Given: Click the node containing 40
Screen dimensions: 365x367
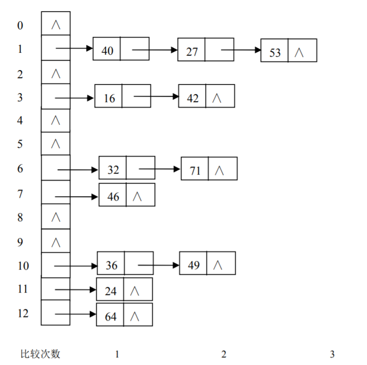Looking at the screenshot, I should (x=108, y=50).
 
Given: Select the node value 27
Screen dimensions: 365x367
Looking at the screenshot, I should (x=192, y=51).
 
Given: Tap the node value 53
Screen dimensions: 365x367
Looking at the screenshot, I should (x=275, y=52).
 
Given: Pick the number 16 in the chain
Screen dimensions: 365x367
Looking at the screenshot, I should (x=109, y=98).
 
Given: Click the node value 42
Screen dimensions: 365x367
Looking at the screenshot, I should (x=193, y=98).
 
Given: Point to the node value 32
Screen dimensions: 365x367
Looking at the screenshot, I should (x=113, y=170).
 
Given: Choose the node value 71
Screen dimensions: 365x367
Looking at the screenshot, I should (x=195, y=170).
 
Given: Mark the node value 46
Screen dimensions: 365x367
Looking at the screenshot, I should (x=113, y=196).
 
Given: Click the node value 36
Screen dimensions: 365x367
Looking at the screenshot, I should (x=111, y=265).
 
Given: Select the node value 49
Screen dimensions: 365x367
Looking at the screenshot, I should (x=194, y=265).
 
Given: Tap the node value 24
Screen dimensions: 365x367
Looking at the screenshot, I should (x=110, y=291).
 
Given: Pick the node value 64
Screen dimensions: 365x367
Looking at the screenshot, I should (x=110, y=316).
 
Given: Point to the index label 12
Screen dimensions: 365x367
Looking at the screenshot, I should (x=23, y=313).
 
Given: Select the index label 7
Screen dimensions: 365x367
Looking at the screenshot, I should (x=20, y=194).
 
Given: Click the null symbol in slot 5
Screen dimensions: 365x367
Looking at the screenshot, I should (x=56, y=143).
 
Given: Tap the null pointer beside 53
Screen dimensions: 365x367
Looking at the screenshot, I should (x=299, y=52).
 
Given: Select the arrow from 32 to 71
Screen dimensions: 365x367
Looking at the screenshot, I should (x=160, y=169).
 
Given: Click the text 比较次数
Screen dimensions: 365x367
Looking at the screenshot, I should (x=40, y=354).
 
